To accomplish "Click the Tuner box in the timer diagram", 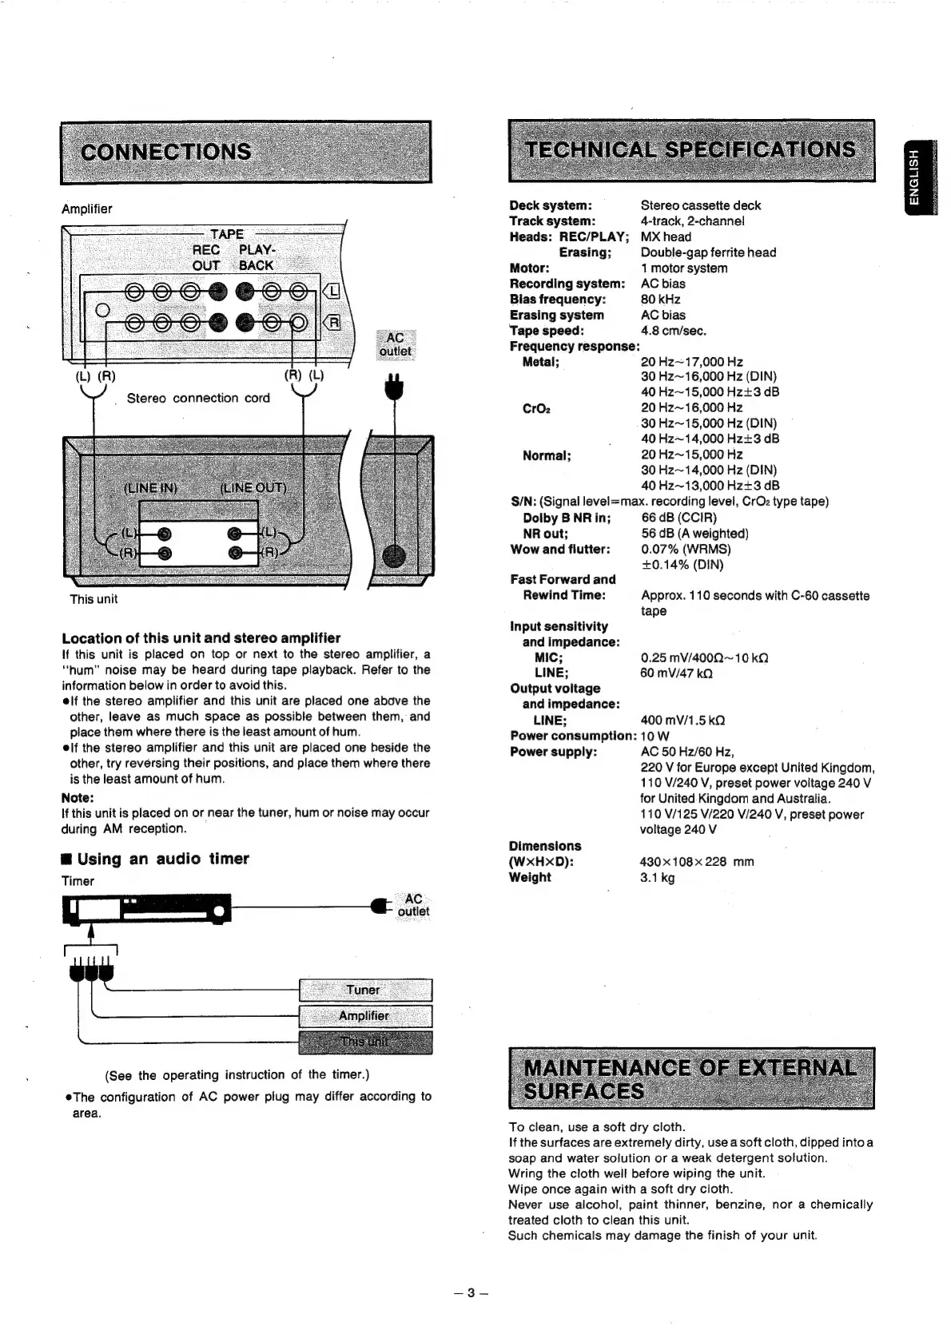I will (364, 990).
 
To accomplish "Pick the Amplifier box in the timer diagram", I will (364, 1016).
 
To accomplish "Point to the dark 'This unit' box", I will (364, 1042).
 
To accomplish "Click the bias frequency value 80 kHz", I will (661, 299).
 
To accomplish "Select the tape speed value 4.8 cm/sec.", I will (674, 331).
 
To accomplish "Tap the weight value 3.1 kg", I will (658, 877).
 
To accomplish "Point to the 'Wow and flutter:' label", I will (560, 549).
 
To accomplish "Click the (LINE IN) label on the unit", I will (150, 488).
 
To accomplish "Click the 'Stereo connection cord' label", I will (198, 398).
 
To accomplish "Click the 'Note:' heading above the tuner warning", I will (78, 797).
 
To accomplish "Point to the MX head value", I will (666, 236).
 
